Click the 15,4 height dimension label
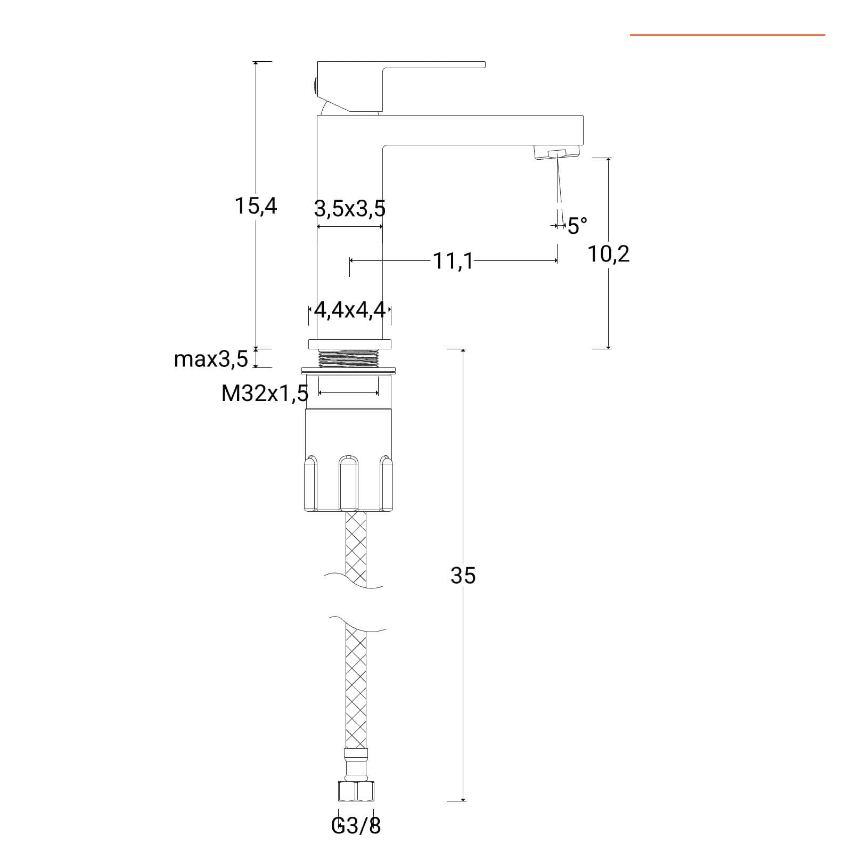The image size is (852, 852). click(256, 206)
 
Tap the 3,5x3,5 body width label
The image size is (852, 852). click(349, 209)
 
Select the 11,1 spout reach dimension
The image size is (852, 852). click(452, 261)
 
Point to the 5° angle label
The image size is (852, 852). click(577, 226)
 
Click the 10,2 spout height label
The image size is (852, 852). click(608, 254)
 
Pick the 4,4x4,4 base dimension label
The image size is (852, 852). click(350, 309)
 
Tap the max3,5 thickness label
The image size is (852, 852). click(211, 359)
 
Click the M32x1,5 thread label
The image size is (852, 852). click(265, 394)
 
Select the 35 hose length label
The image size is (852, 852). click(463, 575)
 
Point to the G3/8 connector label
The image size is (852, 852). click(356, 826)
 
